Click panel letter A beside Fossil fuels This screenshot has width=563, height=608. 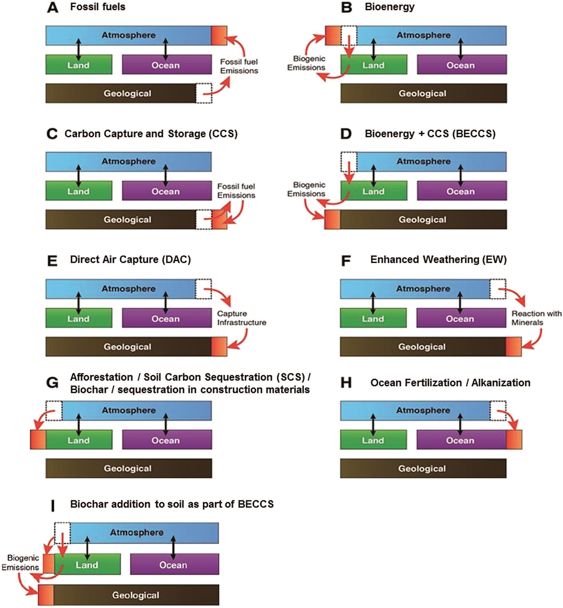pos(52,8)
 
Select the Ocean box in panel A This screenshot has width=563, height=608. pos(167,64)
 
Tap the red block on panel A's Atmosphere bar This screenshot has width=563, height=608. pos(219,36)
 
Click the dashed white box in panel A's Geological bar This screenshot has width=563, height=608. pos(204,93)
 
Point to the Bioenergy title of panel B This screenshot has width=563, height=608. pos(389,7)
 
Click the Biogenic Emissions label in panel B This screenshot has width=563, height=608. pos(306,63)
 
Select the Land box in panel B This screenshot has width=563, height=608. pos(373,64)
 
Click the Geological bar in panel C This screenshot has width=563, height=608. pos(122,219)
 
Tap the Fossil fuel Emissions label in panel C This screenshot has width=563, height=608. pos(236,191)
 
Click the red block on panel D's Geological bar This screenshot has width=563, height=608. pos(332,219)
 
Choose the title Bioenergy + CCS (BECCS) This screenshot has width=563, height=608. pos(430,133)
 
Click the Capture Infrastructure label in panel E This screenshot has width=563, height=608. pos(241,318)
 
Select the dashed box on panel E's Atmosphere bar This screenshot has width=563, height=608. pos(203,289)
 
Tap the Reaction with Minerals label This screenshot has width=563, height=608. pos(536,318)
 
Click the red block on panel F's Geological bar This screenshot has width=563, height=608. pos(513,347)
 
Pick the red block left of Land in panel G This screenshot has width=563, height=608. pos(38,439)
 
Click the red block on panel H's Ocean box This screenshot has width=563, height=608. pos(514,439)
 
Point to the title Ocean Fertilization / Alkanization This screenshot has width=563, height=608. pos(450,382)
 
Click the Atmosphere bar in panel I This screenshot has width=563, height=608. pos(143,533)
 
